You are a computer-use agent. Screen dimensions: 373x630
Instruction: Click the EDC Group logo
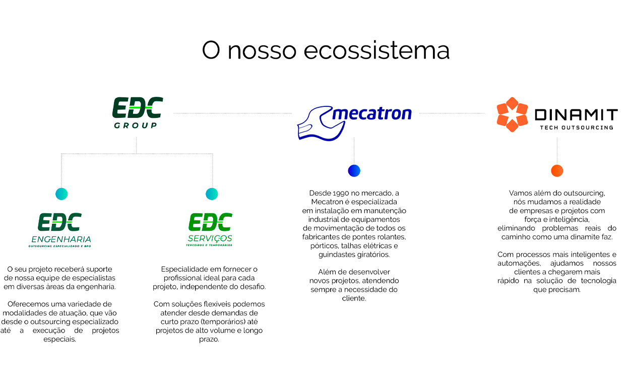click(137, 112)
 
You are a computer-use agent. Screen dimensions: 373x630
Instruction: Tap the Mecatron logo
click(354, 121)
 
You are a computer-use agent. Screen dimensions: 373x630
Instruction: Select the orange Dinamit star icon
click(512, 114)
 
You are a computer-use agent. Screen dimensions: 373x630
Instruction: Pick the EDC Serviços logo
click(210, 230)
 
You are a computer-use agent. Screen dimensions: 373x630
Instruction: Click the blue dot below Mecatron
click(354, 171)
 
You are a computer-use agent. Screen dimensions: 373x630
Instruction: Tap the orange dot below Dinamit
click(557, 171)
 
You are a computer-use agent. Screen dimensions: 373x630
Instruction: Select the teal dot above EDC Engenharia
click(61, 194)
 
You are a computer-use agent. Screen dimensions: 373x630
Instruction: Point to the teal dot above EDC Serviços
click(212, 194)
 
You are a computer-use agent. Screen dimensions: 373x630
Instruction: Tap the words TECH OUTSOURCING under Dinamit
click(577, 128)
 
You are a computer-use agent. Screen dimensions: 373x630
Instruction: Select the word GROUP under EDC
click(136, 125)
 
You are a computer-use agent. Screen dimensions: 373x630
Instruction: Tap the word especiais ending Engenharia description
click(60, 339)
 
